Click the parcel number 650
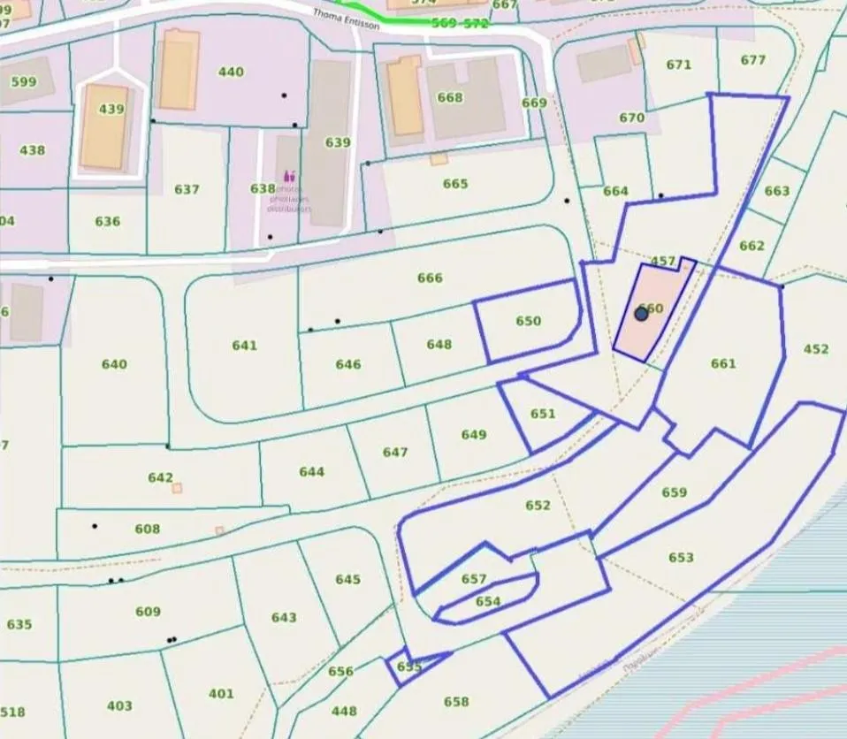click(528, 321)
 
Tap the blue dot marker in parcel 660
click(642, 314)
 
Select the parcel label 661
click(722, 363)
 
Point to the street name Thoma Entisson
click(347, 19)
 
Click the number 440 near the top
click(231, 72)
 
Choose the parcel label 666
click(430, 278)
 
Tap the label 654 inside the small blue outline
click(488, 602)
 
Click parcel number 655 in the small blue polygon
click(408, 667)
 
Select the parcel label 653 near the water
click(681, 558)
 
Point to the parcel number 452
click(816, 349)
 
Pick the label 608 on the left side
click(148, 529)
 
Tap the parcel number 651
click(543, 414)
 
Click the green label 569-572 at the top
click(460, 24)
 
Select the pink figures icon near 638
click(289, 177)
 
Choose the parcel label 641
click(244, 345)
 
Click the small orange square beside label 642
click(177, 488)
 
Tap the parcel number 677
click(753, 60)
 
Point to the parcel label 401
click(221, 693)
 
